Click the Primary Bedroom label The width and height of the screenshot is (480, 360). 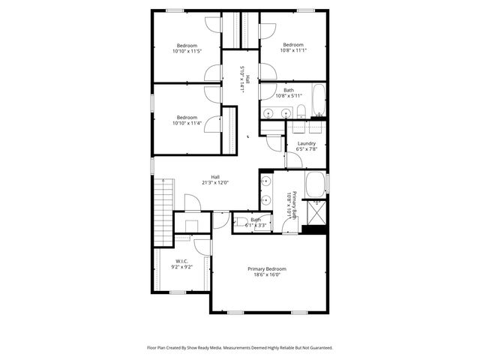[x=266, y=268]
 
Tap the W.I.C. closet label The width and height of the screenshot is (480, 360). [x=181, y=261]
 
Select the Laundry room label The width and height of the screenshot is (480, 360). [x=306, y=143]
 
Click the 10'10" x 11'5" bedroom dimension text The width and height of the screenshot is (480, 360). [x=187, y=51]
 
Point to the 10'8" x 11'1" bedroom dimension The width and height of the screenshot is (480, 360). [x=292, y=51]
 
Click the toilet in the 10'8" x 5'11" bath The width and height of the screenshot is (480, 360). [x=300, y=112]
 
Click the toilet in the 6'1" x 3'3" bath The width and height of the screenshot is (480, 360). [x=238, y=223]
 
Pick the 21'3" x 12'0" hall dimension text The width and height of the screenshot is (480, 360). [x=214, y=182]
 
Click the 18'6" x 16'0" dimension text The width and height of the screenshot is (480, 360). [x=266, y=275]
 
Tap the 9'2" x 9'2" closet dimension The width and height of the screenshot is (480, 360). [x=181, y=267]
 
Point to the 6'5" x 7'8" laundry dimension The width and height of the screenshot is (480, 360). [x=306, y=149]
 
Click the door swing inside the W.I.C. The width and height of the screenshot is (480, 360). [x=200, y=250]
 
